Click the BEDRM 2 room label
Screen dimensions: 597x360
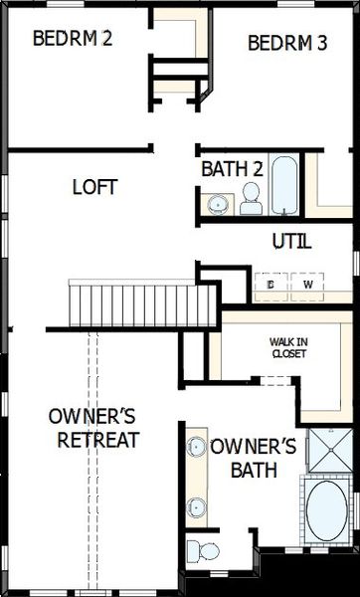[x=73, y=40]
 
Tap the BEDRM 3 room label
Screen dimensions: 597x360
[x=286, y=43]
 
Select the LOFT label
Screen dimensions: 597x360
[x=95, y=187]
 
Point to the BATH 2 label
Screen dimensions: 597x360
[x=232, y=170]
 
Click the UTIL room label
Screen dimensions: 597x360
[x=291, y=241]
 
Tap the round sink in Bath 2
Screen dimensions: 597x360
[x=216, y=204]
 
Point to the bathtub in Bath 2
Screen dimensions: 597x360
[x=283, y=186]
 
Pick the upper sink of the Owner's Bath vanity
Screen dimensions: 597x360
[x=196, y=448]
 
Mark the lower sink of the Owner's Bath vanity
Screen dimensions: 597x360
[x=196, y=505]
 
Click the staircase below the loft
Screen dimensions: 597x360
[x=139, y=301]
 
